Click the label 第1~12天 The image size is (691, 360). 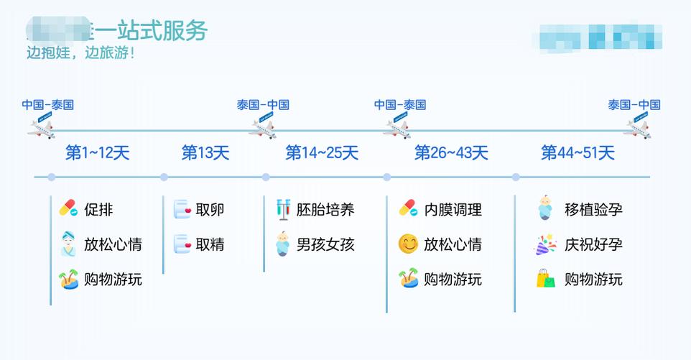coord(98,153)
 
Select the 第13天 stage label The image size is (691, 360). coord(205,153)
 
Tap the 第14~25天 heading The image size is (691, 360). coord(322,153)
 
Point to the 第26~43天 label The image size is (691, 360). coord(451,153)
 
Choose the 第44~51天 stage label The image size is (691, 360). coord(578,153)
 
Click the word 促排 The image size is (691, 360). coord(98,210)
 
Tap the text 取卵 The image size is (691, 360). coord(210,210)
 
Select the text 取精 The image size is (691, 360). coord(210,244)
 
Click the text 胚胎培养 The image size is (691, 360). coord(325,210)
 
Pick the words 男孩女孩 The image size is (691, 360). coord(325,244)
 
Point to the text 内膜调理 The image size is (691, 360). coord(453,210)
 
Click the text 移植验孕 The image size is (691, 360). coord(593,210)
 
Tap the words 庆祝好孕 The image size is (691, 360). coord(593,244)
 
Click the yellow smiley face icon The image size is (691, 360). coord(408,244)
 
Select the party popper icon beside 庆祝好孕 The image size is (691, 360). coord(546,244)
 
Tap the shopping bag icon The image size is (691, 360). coord(546,279)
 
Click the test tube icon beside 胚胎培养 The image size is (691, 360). coord(284,209)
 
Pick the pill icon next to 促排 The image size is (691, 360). coord(68,209)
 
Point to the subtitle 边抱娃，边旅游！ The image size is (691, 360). coord(80,54)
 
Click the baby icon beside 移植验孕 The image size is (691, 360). coord(546,208)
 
